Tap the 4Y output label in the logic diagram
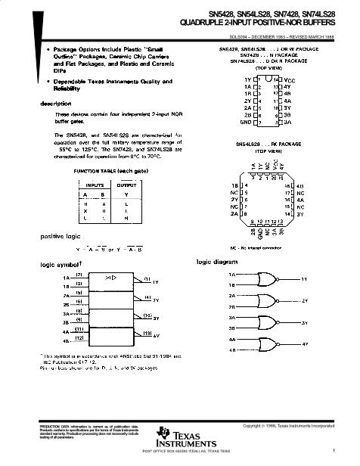305,344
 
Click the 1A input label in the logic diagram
231,275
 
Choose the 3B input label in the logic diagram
231,328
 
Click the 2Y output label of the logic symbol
155,300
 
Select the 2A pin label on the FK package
235,214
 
